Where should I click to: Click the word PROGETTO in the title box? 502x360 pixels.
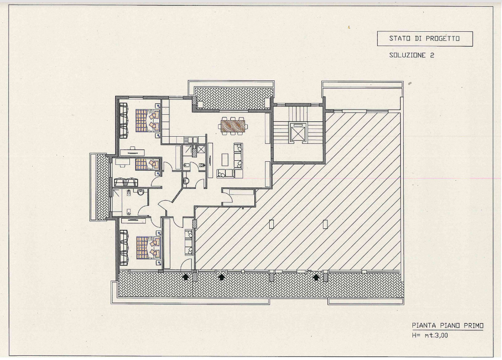[443, 38]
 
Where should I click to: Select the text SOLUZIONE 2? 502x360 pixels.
[412, 55]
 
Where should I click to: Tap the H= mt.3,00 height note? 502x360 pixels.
[430, 335]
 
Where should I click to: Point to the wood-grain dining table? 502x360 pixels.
[233, 125]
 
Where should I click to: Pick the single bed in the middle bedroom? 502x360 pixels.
[147, 164]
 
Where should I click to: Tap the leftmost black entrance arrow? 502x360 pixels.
[185, 277]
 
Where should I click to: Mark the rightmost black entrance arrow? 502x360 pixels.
[316, 277]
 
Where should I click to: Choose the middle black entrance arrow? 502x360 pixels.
[221, 277]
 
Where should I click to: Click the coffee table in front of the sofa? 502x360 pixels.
[225, 159]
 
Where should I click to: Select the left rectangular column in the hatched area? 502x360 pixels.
[272, 224]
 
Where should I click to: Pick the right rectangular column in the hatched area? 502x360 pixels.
[325, 224]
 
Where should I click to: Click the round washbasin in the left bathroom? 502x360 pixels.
[141, 193]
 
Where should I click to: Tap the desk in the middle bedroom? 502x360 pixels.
[120, 163]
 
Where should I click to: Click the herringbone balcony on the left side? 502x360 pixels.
[103, 187]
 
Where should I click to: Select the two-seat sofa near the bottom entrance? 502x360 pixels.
[189, 242]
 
